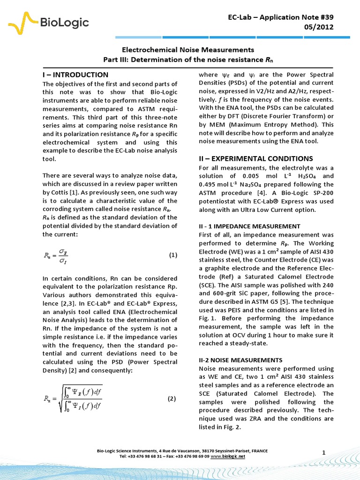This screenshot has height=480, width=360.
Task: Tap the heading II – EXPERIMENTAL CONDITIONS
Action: [x=255, y=158]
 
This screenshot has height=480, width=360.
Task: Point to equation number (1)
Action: [x=173, y=255]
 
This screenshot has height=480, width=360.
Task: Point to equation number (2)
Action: [x=172, y=399]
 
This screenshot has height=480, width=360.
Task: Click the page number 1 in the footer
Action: [x=323, y=452]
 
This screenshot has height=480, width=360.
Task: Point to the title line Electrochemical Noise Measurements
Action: [x=188, y=49]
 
